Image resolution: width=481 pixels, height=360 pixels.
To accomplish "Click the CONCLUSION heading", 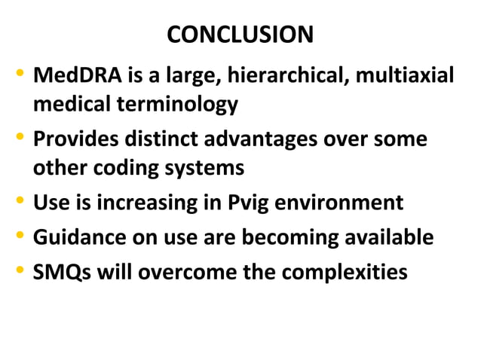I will (x=240, y=35).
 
